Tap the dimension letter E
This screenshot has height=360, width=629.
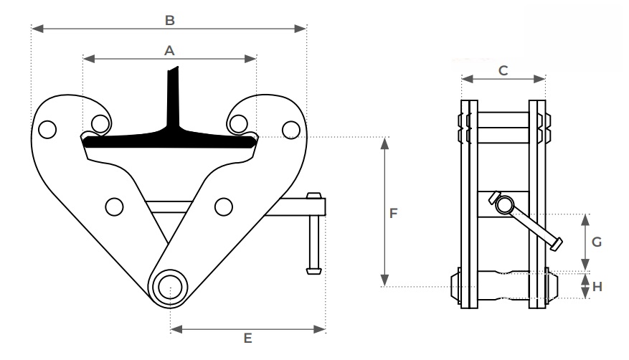tap(247, 338)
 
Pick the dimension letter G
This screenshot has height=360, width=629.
tap(596, 242)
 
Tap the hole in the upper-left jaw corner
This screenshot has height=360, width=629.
tap(47, 130)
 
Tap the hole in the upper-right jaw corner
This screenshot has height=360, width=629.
tap(290, 129)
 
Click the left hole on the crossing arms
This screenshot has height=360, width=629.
tap(113, 207)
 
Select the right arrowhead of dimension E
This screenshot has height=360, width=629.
tap(321, 329)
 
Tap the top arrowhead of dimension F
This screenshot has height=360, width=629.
tap(385, 141)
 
